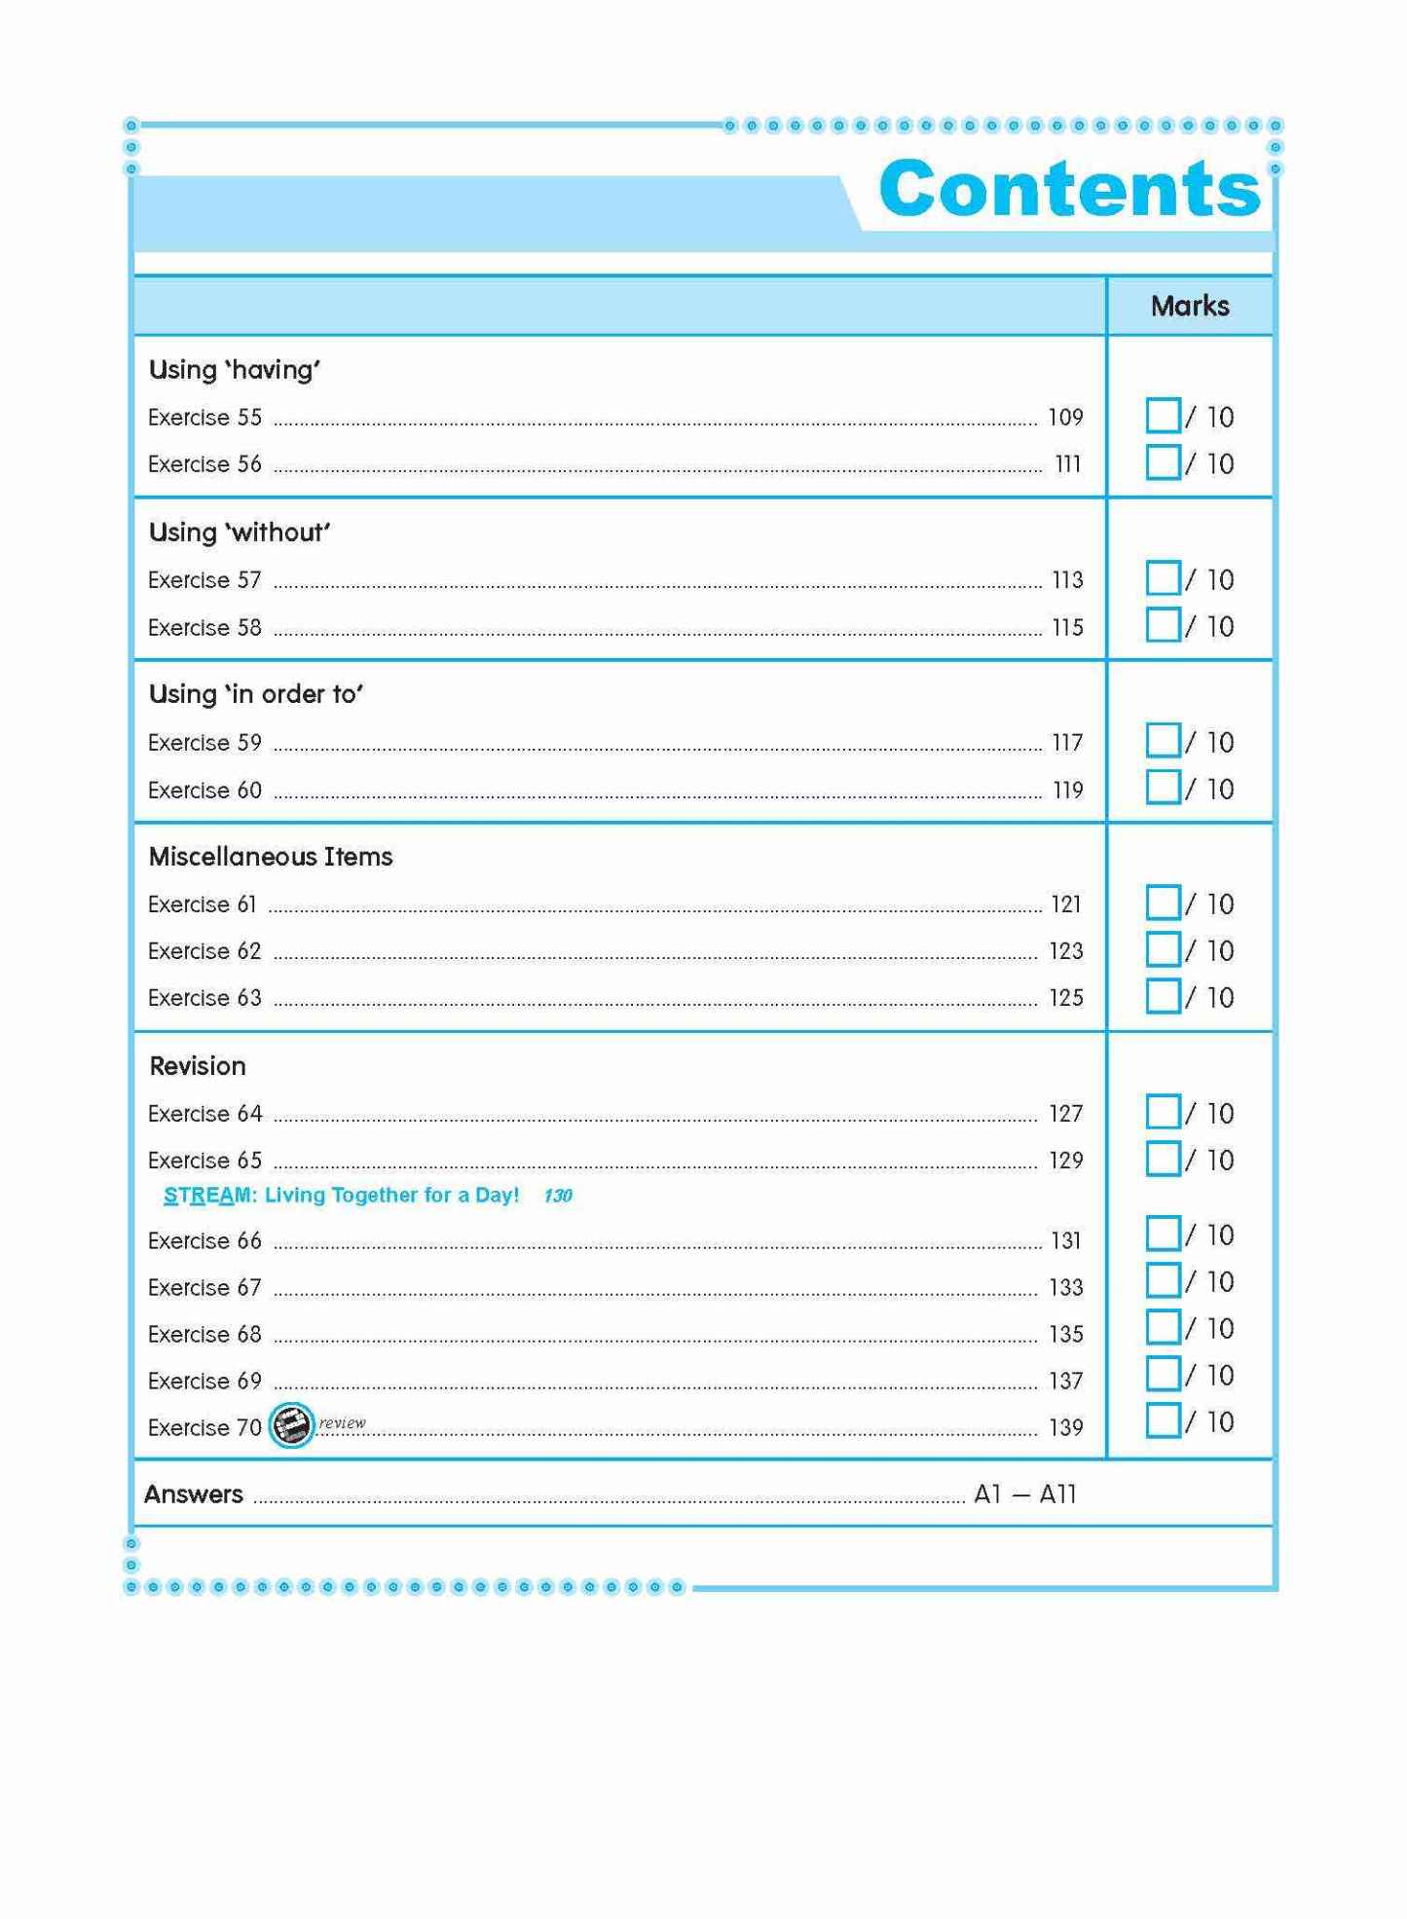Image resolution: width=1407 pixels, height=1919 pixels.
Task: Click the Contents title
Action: [1069, 189]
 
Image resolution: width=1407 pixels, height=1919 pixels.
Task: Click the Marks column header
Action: [1189, 306]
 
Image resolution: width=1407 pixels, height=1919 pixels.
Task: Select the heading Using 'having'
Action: [235, 370]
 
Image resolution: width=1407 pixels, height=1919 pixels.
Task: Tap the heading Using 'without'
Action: [240, 533]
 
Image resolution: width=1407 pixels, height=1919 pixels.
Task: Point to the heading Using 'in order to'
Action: [255, 694]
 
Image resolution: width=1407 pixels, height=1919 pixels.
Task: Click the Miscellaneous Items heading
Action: [271, 857]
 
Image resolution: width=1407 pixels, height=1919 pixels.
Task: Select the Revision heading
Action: [198, 1066]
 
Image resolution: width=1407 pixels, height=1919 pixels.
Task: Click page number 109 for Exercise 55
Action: [1065, 418]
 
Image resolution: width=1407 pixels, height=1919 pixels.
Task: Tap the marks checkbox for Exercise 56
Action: [1163, 462]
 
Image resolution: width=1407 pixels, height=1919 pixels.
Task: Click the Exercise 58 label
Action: [204, 628]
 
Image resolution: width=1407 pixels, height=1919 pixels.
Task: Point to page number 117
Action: [1067, 743]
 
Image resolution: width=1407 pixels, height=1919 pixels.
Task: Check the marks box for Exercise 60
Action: [1163, 788]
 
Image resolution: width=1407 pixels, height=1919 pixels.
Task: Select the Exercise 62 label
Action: [204, 951]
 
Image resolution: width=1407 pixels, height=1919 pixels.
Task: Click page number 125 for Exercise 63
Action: [1066, 998]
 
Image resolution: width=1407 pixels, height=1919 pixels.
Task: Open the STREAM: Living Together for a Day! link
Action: [341, 1195]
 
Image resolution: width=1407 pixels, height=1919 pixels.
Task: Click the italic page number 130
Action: [558, 1196]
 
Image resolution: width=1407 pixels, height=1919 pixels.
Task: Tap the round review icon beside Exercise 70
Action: [291, 1426]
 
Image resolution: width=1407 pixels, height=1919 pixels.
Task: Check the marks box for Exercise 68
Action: [1163, 1327]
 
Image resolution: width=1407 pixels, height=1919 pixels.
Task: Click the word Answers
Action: [194, 1495]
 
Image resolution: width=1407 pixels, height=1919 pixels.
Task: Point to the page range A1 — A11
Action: [1024, 1495]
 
